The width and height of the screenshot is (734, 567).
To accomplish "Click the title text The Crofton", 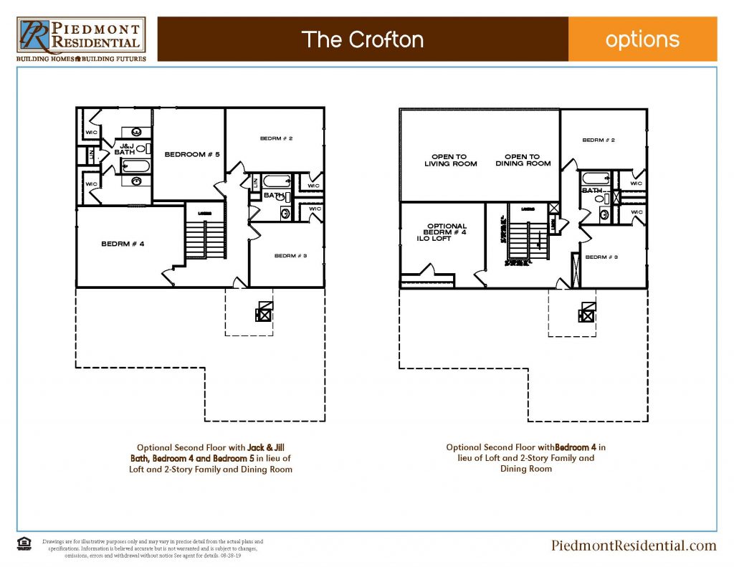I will (x=362, y=39).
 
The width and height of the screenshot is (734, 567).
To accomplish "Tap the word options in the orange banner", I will (x=642, y=39).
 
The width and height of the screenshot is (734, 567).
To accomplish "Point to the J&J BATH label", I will (x=124, y=149).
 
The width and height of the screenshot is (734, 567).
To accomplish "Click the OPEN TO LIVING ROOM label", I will (x=450, y=160).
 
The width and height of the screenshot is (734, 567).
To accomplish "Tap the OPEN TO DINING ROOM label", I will (x=523, y=160).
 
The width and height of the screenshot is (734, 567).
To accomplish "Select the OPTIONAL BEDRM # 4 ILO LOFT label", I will (x=445, y=232).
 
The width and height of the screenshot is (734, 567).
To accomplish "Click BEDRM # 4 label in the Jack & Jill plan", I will (x=123, y=244).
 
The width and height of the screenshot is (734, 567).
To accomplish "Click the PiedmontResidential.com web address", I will (x=634, y=545).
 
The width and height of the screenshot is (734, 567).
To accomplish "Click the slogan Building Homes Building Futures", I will (x=81, y=59).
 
